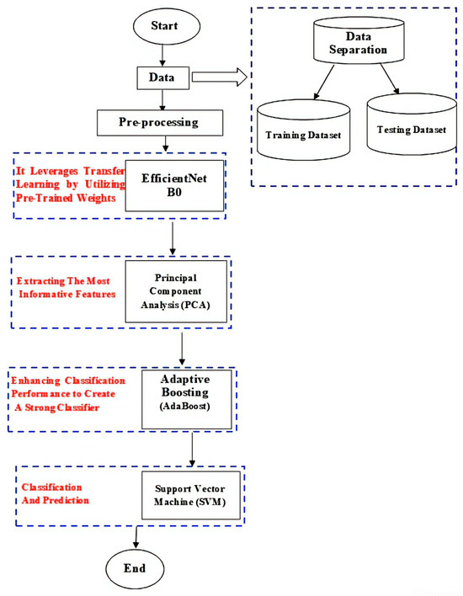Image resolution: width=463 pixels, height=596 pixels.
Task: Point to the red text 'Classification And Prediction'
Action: click(x=52, y=493)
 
